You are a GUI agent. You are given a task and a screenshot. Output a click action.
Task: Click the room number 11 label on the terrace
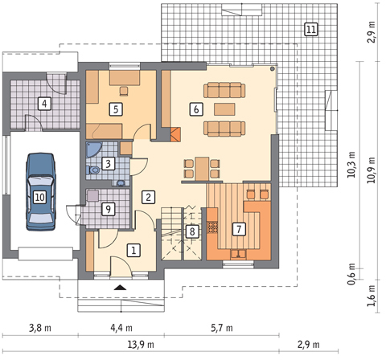pyautogui.click(x=311, y=29)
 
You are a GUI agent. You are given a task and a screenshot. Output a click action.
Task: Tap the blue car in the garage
pyautogui.click(x=40, y=191)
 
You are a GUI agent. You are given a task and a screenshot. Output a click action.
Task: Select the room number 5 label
pyautogui.click(x=116, y=109)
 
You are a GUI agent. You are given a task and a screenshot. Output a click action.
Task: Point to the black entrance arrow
pyautogui.click(x=121, y=288)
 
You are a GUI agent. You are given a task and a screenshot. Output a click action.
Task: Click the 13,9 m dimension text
pyautogui.click(x=141, y=345)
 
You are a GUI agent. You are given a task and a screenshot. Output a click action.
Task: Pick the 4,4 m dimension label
pyautogui.click(x=121, y=328)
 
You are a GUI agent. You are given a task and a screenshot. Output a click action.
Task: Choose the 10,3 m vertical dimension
pyautogui.click(x=351, y=165)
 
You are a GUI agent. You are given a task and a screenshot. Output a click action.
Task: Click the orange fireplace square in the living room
pyautogui.click(x=175, y=134)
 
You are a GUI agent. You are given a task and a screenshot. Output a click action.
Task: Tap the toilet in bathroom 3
pyautogui.click(x=92, y=170)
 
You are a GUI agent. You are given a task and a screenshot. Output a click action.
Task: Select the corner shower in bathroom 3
pyautogui.click(x=92, y=149)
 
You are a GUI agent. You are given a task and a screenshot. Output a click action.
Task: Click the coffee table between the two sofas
pyautogui.click(x=224, y=109)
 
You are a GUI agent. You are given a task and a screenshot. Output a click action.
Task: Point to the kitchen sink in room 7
pyautogui.click(x=239, y=254)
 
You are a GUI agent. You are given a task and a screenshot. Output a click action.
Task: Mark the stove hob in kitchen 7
pyautogui.click(x=213, y=227)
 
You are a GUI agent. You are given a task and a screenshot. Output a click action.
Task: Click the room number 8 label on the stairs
pyautogui.click(x=192, y=231)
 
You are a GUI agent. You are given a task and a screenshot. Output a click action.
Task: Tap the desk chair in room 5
pyautogui.click(x=124, y=91)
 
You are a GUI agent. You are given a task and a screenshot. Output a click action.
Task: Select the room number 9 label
pyautogui.click(x=108, y=209)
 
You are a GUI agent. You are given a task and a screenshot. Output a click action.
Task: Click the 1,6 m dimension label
pyautogui.click(x=372, y=296)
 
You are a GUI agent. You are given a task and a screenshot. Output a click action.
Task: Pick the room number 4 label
pyautogui.click(x=44, y=104)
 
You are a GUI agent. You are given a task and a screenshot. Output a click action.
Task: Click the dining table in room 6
pyautogui.click(x=202, y=169)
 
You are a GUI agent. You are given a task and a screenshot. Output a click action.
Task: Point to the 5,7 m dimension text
pyautogui.click(x=222, y=328)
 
